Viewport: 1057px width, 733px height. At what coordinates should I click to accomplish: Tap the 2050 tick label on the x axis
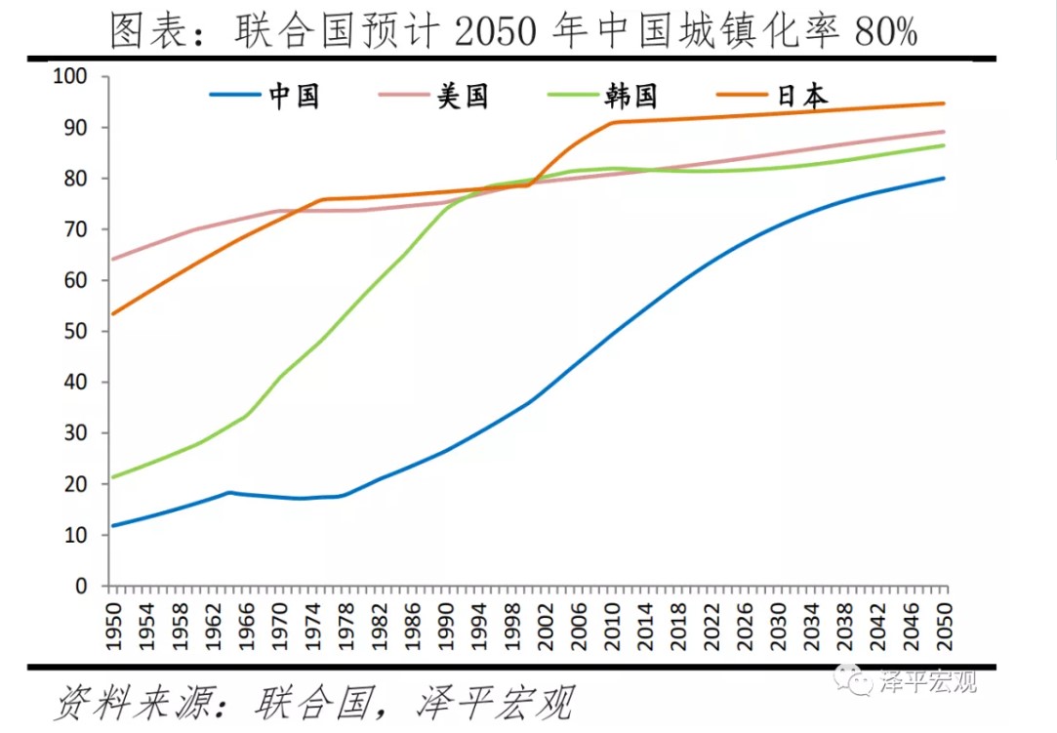tap(943, 625)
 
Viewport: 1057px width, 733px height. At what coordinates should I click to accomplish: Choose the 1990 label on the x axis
tap(445, 625)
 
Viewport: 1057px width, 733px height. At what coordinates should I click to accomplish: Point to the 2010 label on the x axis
tap(611, 625)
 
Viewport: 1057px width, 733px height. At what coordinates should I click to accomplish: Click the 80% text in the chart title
tap(885, 33)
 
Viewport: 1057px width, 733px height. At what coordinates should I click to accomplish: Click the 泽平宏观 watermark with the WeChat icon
tap(913, 680)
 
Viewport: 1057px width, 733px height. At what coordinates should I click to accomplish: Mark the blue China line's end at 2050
tap(944, 178)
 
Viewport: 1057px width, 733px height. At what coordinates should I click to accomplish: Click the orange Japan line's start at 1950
tap(112, 314)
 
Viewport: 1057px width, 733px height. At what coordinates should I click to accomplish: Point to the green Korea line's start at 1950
tap(112, 477)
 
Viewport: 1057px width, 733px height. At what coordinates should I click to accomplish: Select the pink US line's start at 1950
tap(112, 260)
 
